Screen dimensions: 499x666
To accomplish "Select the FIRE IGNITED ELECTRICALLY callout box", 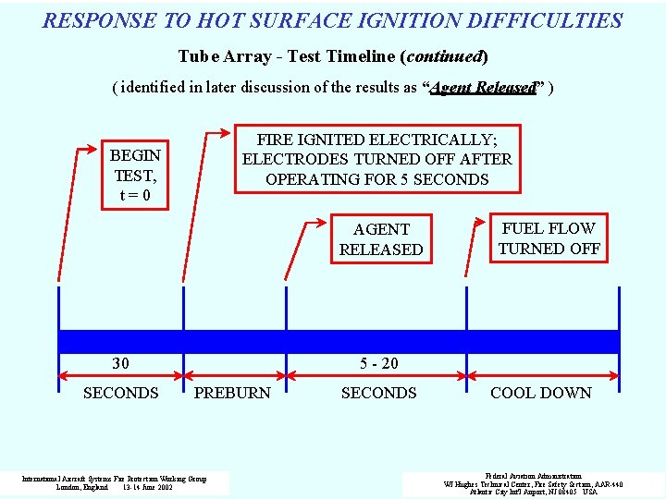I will click(x=376, y=159).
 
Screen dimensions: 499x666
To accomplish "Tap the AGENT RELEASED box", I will click(x=381, y=239).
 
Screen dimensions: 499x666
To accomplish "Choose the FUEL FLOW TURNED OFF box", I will click(x=549, y=238).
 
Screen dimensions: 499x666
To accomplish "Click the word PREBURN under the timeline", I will click(x=233, y=393).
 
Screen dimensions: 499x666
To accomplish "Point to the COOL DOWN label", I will click(x=540, y=393).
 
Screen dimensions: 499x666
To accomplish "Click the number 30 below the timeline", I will click(x=120, y=363).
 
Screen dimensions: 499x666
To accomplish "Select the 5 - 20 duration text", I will click(x=378, y=363).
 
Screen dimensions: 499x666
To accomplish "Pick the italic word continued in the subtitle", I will click(x=444, y=56).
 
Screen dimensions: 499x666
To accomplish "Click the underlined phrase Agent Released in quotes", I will click(x=483, y=88).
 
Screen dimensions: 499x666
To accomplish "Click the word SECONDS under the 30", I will click(x=120, y=393).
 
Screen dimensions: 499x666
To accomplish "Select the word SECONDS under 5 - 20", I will click(x=378, y=393).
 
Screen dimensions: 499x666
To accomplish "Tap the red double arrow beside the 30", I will click(x=120, y=375).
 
